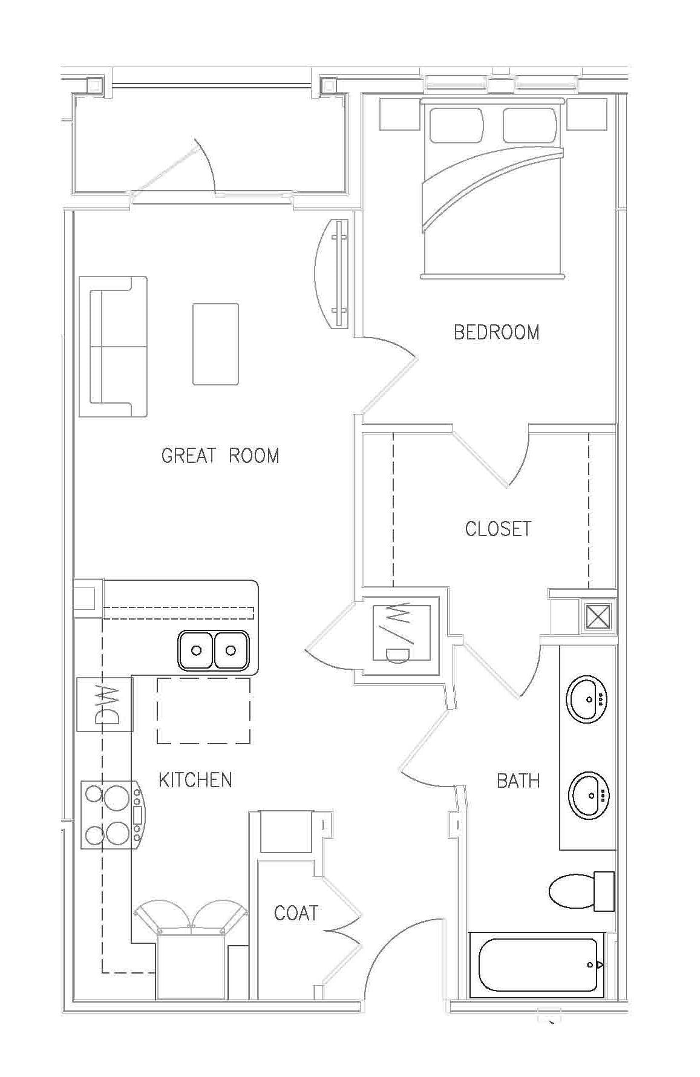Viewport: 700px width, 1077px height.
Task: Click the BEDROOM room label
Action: click(x=496, y=332)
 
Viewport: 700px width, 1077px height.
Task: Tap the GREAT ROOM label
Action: click(x=220, y=456)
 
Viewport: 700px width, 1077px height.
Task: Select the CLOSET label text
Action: click(x=498, y=529)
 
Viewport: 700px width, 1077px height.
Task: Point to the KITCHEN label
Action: click(x=195, y=780)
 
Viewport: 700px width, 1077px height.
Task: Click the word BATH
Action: click(x=518, y=781)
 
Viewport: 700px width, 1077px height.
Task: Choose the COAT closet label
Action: click(x=296, y=913)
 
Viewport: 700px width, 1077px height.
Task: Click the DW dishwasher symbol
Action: click(x=105, y=704)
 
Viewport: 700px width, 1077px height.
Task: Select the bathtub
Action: click(x=537, y=964)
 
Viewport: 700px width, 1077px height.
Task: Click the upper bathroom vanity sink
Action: click(x=587, y=699)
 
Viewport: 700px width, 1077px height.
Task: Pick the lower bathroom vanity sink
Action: click(x=589, y=794)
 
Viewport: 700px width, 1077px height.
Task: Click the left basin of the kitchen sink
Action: click(x=195, y=650)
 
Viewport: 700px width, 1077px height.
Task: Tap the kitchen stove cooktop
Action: click(x=113, y=814)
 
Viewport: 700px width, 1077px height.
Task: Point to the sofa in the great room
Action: click(x=118, y=347)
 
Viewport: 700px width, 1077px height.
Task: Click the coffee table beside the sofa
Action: click(x=215, y=344)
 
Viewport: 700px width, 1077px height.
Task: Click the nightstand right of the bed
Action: click(x=587, y=114)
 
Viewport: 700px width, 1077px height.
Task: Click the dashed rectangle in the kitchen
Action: click(x=204, y=710)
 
